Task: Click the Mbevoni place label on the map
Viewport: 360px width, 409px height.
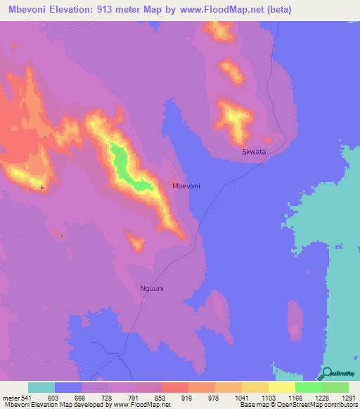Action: pyautogui.click(x=186, y=186)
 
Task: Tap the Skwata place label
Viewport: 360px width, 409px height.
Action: pyautogui.click(x=253, y=151)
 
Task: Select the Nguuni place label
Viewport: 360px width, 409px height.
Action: pyautogui.click(x=151, y=287)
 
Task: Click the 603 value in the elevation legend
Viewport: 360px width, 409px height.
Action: pyautogui.click(x=68, y=397)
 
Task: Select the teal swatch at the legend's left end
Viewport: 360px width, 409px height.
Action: pyautogui.click(x=41, y=387)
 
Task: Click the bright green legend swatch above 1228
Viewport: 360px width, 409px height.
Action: pyautogui.click(x=309, y=387)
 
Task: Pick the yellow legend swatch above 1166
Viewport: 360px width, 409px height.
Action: pyautogui.click(x=282, y=387)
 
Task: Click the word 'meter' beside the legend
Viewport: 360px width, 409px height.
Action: pyautogui.click(x=12, y=397)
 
